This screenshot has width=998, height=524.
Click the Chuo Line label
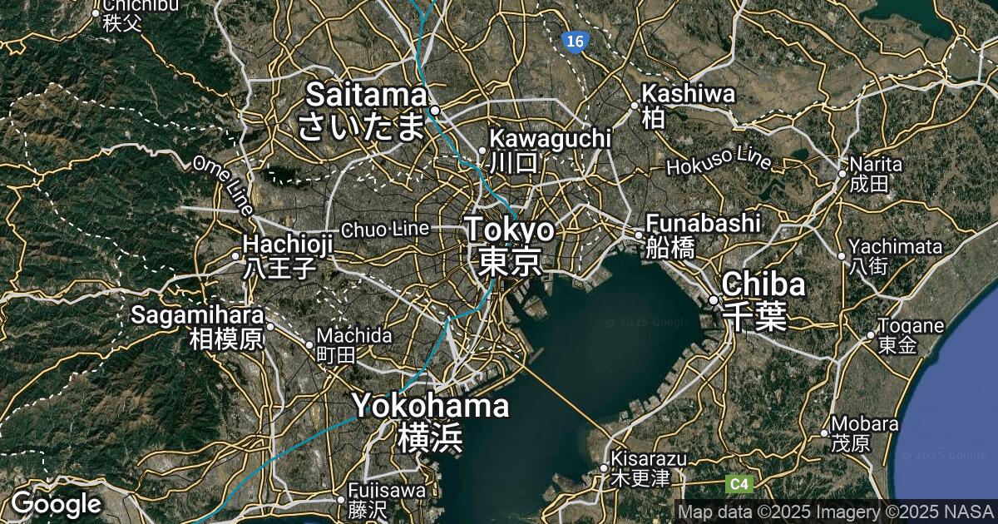pos(385,229)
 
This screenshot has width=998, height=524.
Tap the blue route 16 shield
pos(572,42)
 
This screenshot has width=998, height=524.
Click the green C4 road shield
pos(739,483)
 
